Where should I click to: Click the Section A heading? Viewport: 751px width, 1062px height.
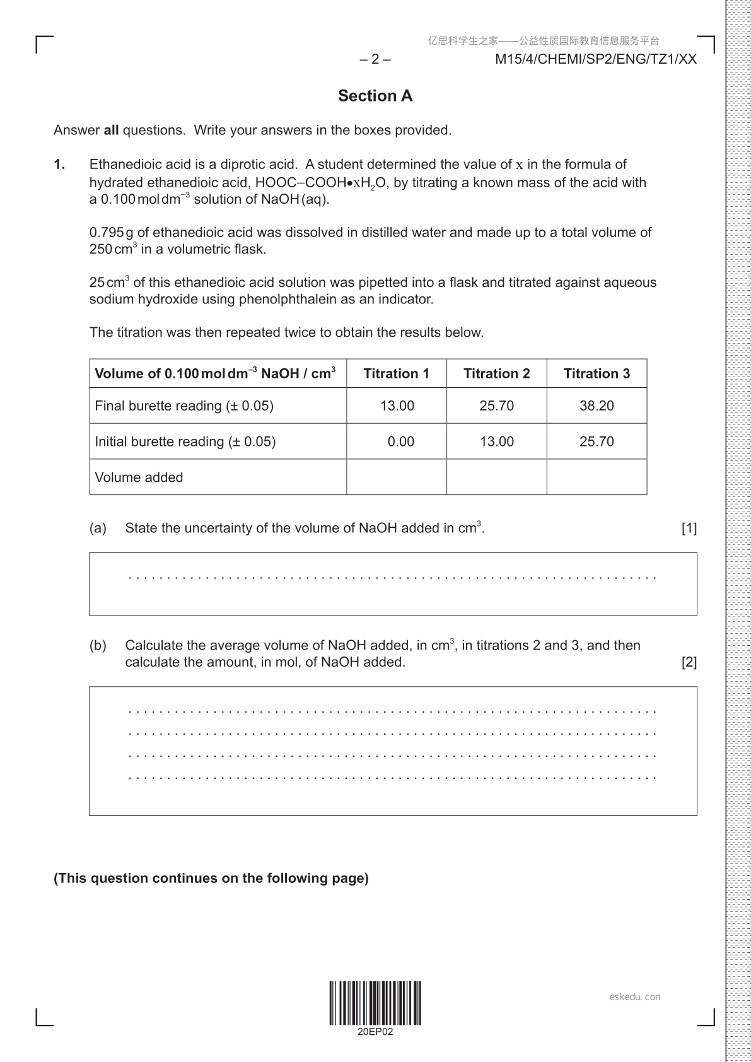(375, 96)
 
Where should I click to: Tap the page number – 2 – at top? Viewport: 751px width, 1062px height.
(375, 59)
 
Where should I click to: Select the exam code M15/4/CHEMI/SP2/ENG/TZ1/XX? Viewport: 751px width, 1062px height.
(596, 59)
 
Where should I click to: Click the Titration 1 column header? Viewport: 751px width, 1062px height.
(396, 373)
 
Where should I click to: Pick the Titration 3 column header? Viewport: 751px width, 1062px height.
(597, 373)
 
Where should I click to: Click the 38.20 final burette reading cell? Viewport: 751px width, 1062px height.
(597, 406)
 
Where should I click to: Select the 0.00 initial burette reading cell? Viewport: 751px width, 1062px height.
(400, 441)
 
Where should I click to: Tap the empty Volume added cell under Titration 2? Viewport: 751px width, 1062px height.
(496, 477)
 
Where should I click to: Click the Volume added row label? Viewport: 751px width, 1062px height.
(139, 477)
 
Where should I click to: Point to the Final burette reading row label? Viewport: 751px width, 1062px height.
(183, 406)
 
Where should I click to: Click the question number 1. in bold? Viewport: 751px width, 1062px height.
(59, 165)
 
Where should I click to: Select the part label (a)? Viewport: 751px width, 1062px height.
(98, 528)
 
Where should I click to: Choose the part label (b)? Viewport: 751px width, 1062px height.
(98, 645)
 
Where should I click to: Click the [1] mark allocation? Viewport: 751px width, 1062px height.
(689, 528)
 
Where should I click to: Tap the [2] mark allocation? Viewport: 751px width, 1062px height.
(689, 662)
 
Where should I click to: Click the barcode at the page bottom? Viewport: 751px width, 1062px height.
(375, 1003)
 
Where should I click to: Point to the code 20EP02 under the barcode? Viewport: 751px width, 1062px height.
(375, 1032)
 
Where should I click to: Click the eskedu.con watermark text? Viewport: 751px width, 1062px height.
(635, 997)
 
